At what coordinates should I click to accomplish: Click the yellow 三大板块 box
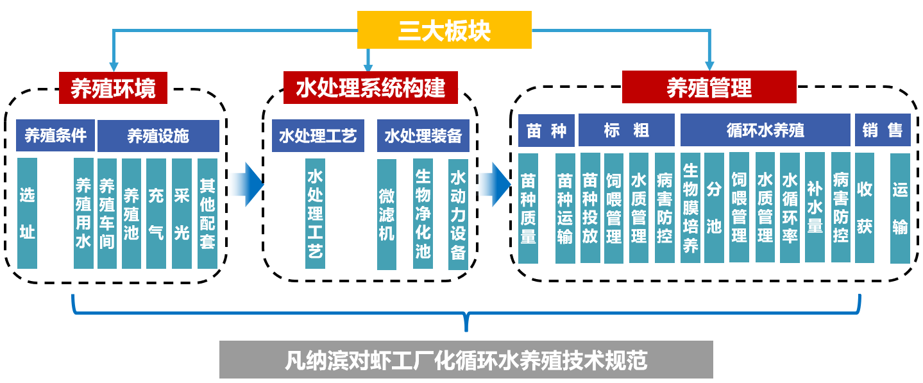(x=444, y=30)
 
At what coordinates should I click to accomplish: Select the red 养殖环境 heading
(x=113, y=88)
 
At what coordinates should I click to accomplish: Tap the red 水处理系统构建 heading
(x=370, y=88)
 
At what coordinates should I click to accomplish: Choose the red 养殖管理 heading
(x=709, y=88)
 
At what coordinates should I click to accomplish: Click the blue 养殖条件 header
(x=55, y=135)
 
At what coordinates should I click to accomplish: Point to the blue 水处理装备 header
(x=423, y=135)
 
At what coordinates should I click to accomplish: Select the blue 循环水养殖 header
(x=765, y=131)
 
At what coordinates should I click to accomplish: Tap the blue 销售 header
(x=883, y=131)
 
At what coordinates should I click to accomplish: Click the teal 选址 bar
(x=28, y=213)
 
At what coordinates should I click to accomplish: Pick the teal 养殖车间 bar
(x=107, y=213)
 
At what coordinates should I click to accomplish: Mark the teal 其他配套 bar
(x=207, y=213)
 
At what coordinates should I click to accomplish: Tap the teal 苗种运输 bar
(x=565, y=208)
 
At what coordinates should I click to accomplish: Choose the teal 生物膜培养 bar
(x=690, y=208)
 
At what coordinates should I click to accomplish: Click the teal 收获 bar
(x=865, y=208)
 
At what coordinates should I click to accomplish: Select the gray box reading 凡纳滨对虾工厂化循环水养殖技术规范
(x=466, y=360)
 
